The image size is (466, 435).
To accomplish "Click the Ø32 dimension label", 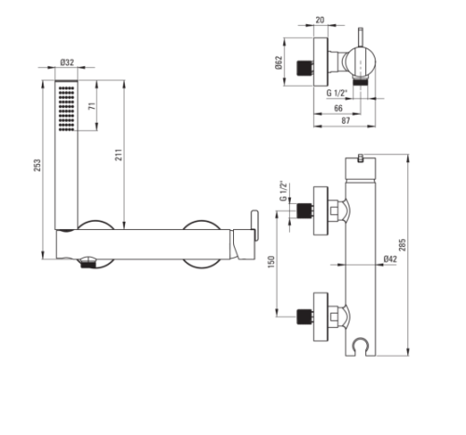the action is [67, 62].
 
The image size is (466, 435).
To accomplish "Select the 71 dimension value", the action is [92, 106].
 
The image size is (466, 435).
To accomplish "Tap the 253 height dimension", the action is [37, 165].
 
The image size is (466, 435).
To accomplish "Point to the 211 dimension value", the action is [119, 155].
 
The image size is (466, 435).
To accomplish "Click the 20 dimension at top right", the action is [320, 20].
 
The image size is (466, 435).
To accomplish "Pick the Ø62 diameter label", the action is [279, 62].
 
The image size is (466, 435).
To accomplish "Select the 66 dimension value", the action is [338, 108].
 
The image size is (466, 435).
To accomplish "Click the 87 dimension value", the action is [346, 120].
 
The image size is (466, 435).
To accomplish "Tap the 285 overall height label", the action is [402, 245].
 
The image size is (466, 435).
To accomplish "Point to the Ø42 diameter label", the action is [391, 259].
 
